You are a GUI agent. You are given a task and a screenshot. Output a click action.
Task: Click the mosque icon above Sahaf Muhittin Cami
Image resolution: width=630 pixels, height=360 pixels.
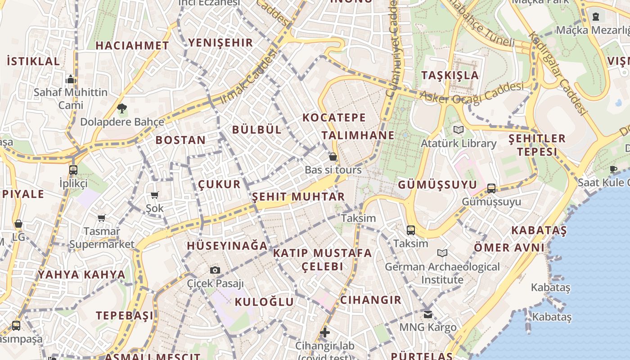click(70, 80)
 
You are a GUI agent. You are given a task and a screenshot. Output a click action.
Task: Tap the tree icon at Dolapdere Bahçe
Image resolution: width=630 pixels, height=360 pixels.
click(121, 108)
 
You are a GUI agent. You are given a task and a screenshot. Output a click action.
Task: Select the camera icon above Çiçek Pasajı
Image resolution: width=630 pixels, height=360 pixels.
click(215, 270)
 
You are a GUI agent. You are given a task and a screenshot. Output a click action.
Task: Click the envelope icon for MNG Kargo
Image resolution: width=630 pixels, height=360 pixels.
click(427, 314)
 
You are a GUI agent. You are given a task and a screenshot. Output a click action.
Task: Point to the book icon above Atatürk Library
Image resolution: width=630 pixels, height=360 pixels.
click(458, 130)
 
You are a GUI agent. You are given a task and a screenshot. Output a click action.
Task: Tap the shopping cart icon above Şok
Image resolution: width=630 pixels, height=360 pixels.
click(155, 195)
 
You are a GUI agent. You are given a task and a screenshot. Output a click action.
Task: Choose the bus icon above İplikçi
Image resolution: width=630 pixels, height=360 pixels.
click(73, 170)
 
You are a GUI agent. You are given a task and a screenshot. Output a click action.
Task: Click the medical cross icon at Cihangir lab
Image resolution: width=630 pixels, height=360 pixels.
click(325, 333)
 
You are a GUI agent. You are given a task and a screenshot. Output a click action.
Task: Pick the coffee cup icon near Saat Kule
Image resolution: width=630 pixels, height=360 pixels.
click(613, 169)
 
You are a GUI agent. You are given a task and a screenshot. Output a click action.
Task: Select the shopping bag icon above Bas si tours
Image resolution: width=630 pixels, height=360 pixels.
click(333, 157)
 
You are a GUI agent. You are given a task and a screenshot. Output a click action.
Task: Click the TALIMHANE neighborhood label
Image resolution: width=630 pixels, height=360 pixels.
click(358, 135)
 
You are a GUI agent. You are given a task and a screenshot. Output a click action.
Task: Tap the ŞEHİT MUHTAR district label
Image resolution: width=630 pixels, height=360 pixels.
click(298, 197)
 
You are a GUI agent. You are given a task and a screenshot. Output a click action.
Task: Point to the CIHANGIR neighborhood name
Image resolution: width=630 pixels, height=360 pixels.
click(370, 300)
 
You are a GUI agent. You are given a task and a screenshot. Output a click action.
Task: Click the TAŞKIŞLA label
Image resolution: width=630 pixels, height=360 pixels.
click(450, 75)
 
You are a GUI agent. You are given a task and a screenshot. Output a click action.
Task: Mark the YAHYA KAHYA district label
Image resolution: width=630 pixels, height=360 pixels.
click(81, 274)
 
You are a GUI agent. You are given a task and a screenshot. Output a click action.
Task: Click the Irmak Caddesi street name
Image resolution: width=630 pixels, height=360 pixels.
click(248, 77)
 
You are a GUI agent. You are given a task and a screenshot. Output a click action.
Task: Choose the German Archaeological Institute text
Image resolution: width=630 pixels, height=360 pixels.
click(442, 273)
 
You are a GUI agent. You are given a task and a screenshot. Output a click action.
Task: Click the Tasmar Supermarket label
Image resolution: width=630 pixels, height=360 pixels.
click(102, 238)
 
